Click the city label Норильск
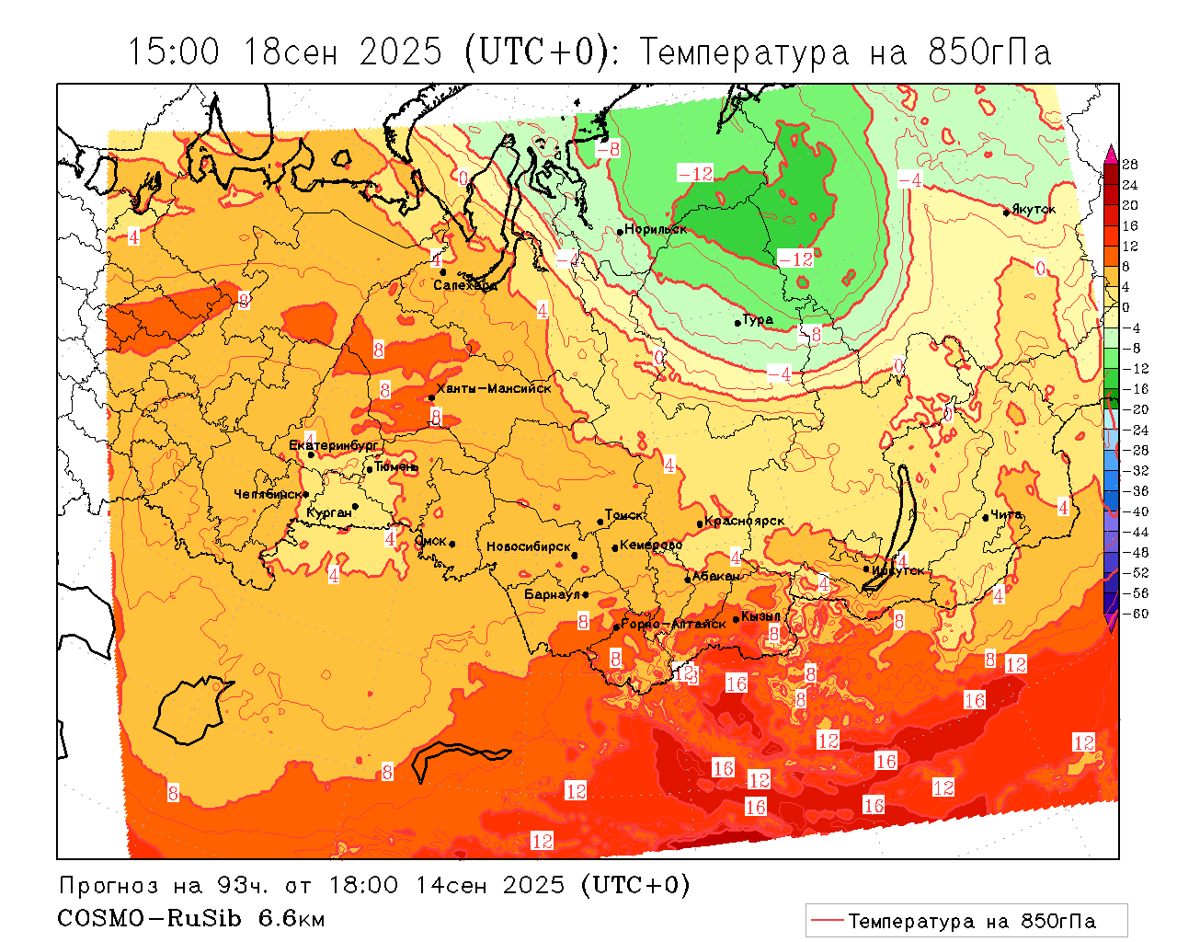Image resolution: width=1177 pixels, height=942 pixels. click(656, 229)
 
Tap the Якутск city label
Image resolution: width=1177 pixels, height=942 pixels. click(1034, 210)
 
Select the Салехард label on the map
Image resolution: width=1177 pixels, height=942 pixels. click(465, 285)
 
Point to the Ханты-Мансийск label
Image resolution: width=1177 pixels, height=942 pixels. click(494, 389)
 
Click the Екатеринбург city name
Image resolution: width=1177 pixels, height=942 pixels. click(334, 445)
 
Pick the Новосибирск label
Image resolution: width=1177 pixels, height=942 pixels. click(529, 546)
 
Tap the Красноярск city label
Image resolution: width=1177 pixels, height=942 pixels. click(746, 521)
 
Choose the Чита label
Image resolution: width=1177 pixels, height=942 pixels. click(1006, 514)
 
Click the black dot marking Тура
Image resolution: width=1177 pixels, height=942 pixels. click(737, 323)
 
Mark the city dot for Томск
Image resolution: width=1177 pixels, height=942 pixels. click(600, 522)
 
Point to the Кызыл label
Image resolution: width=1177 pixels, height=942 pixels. click(761, 615)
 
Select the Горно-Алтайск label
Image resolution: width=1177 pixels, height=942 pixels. click(674, 624)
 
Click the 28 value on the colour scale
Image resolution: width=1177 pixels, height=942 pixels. click(1130, 165)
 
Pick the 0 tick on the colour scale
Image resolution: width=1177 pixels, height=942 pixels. click(1126, 307)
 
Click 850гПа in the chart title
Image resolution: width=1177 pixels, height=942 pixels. click(989, 52)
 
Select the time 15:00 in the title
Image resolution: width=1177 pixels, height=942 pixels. click(175, 52)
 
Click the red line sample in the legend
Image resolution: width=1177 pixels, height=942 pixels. click(827, 920)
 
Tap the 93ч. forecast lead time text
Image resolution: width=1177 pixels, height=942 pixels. click(244, 885)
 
